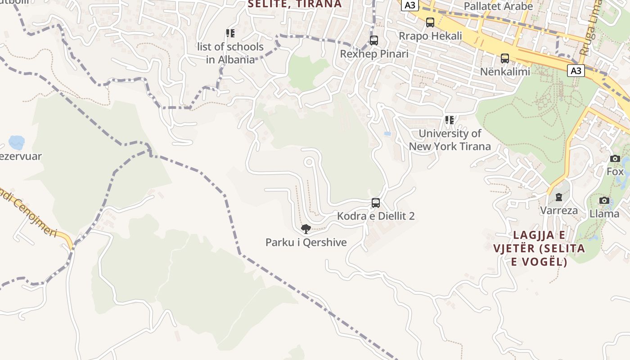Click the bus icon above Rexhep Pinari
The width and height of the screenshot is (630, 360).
[x=374, y=40]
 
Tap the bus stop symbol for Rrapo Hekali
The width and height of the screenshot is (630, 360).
[x=430, y=22]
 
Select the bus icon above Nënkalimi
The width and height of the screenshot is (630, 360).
[x=505, y=58]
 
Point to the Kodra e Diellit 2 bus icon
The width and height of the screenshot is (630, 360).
[x=376, y=203]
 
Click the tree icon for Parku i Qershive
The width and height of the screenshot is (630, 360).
[x=306, y=229]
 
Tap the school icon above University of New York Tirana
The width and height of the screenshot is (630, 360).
[x=450, y=120]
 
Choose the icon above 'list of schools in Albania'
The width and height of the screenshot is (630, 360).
[x=230, y=33]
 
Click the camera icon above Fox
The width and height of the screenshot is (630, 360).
[x=615, y=158]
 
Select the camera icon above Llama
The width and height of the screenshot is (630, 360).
[x=604, y=200]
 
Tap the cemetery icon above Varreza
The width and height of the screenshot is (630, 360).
[x=559, y=197]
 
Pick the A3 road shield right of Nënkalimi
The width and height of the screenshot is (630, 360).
[x=576, y=71]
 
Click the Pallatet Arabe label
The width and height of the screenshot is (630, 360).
[x=498, y=6]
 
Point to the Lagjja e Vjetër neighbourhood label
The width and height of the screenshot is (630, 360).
[x=539, y=248]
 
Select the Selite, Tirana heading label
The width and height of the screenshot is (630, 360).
[x=295, y=4]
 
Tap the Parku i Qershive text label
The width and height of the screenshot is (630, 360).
[x=306, y=243]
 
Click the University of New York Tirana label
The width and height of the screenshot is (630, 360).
[x=450, y=140]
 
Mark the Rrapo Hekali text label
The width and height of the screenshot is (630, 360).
[x=431, y=36]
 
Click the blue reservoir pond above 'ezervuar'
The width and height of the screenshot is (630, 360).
[x=17, y=143]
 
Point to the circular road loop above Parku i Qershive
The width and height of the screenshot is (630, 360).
[x=309, y=162]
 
